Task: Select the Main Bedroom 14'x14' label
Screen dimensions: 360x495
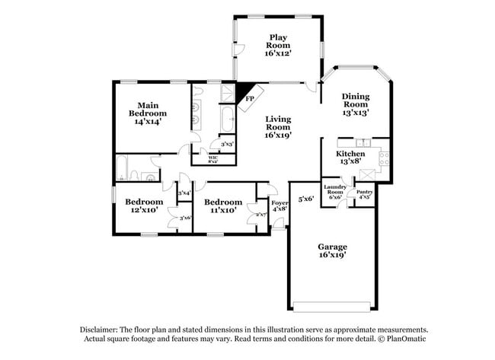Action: click(148, 113)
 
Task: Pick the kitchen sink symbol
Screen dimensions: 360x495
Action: click(363, 142)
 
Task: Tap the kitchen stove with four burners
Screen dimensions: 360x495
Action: click(384, 158)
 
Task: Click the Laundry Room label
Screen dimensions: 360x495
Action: click(335, 190)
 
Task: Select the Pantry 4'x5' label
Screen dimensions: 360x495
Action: click(364, 194)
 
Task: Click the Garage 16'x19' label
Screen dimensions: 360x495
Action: click(332, 251)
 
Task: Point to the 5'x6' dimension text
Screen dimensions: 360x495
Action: click(305, 199)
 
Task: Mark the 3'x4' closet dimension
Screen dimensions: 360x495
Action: click(184, 193)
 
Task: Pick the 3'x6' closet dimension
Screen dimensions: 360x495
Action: click(184, 218)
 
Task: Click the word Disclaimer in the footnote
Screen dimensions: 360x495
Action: click(98, 330)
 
